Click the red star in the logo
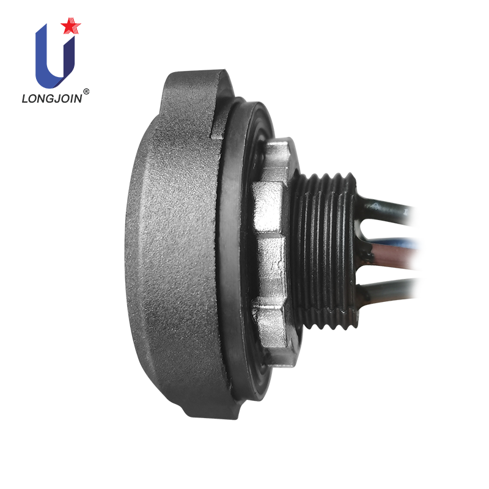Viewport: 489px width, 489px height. pyautogui.click(x=70, y=26)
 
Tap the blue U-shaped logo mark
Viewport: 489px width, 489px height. pyautogui.click(x=55, y=57)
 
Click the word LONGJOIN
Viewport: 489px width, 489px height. pyautogui.click(x=52, y=98)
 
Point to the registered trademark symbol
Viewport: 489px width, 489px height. pyautogui.click(x=86, y=91)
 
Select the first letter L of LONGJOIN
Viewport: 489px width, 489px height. pyautogui.click(x=25, y=98)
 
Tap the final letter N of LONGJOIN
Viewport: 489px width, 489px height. pyautogui.click(x=78, y=98)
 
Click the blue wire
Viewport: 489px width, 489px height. pyautogui.click(x=392, y=241)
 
